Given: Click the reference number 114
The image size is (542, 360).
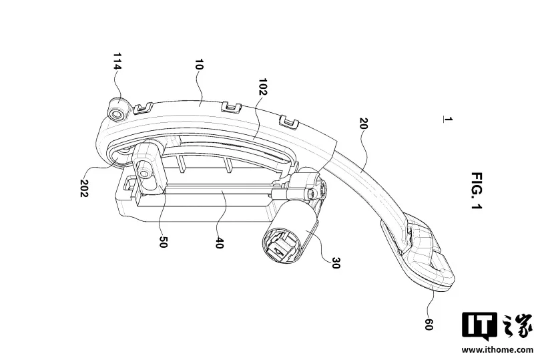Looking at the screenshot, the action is coord(117,61).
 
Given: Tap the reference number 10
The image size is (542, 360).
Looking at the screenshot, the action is coord(200,65).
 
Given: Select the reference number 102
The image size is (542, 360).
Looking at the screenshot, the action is coord(263,87).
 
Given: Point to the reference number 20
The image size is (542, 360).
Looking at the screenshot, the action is coord(363,124).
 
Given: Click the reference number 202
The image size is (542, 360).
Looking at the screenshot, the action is coord(84,188).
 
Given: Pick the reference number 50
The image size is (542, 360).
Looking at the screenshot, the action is coord(163,242).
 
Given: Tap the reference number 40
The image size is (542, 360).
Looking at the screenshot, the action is coord(219,242).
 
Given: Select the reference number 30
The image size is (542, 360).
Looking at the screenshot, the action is coord(336,263).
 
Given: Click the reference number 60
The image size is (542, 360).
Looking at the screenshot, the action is coord(429,325).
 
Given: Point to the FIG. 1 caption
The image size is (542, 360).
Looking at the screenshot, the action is coord(477,190).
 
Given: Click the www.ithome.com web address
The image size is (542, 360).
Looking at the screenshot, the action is coord(497,349).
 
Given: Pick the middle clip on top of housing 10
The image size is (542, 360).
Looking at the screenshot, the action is coord(232,106).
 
